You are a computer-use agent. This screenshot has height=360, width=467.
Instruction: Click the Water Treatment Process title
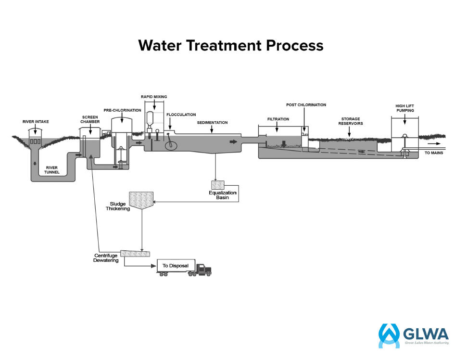[231, 45]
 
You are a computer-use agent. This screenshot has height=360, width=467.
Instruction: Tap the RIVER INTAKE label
[36, 122]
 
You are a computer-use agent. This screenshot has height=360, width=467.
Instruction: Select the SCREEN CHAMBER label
[90, 119]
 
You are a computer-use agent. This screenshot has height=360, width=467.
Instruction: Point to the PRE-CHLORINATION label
[122, 110]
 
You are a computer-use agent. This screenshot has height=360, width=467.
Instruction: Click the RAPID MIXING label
[154, 97]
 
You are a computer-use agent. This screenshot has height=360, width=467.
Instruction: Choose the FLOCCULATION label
[181, 115]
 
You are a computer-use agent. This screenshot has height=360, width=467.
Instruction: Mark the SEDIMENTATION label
[212, 123]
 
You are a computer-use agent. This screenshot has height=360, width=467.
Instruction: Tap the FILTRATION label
[278, 119]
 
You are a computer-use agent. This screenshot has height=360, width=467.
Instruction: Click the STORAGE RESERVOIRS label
[350, 121]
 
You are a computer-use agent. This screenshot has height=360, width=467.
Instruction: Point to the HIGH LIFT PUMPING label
[404, 108]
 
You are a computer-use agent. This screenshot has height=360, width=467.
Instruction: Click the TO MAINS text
[434, 153]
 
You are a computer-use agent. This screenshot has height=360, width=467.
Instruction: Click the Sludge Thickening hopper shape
[142, 199]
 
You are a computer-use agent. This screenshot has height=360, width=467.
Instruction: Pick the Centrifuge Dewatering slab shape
[135, 253]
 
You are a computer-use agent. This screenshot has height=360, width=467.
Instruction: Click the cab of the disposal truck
[203, 270]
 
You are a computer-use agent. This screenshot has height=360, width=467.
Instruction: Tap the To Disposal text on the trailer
[176, 266]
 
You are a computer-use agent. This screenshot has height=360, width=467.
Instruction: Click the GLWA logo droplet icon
[389, 334]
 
